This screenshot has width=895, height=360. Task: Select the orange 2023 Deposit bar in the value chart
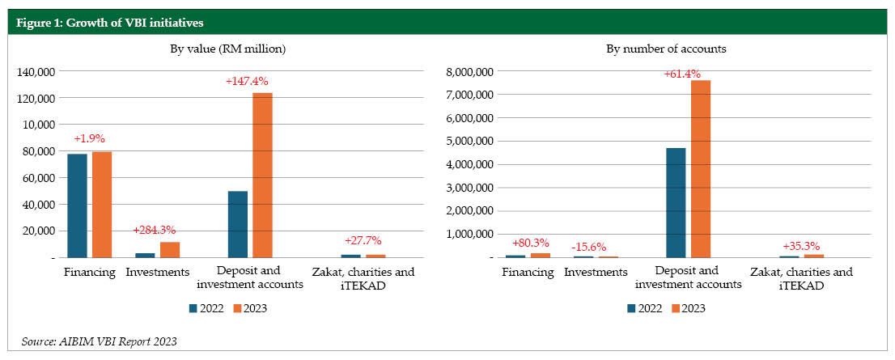point(262,175)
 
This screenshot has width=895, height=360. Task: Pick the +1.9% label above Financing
point(90,138)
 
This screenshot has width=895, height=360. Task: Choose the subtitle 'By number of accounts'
point(666,49)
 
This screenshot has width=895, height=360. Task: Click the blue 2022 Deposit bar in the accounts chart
point(676,202)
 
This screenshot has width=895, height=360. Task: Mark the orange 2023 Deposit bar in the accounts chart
point(700,168)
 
